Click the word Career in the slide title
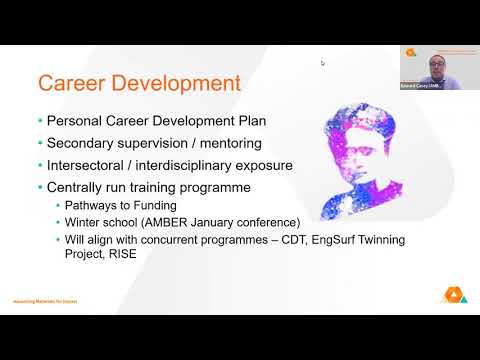tap(71, 82)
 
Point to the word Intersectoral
tap(92, 165)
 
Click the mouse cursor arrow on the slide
tap(322, 63)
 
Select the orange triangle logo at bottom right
tap(450, 295)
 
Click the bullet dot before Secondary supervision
tap(40, 144)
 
